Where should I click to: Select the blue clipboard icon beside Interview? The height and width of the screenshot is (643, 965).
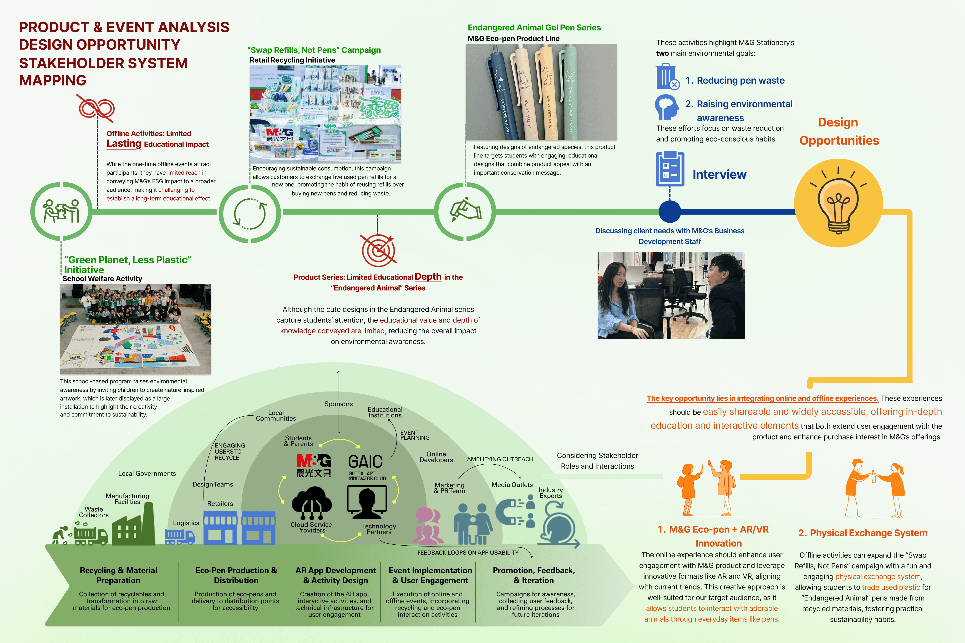pos(670,169)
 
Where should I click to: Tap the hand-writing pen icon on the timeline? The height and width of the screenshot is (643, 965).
pos(465,210)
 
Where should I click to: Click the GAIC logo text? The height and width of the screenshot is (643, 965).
pos(365,462)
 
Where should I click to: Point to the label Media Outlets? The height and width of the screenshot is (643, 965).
pos(512,485)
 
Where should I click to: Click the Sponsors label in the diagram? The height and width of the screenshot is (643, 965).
pos(339,404)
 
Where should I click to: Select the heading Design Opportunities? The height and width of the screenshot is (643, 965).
pos(839,131)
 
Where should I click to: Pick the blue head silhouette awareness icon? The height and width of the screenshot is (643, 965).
pos(666,107)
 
